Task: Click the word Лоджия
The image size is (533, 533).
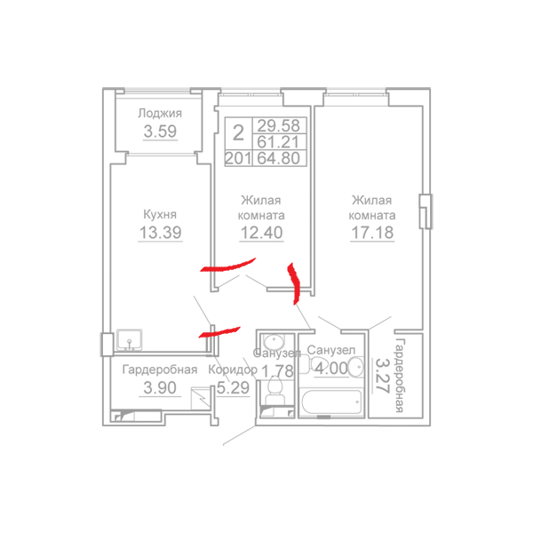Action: click(160, 113)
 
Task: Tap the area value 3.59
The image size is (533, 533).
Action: click(160, 131)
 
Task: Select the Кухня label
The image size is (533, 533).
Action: click(160, 214)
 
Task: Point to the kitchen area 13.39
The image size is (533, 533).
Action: click(161, 233)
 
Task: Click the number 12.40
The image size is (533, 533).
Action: click(261, 233)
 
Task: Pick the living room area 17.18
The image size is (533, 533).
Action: click(372, 233)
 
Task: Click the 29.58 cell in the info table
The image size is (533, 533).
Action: click(278, 125)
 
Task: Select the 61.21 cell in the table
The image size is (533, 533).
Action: click(278, 141)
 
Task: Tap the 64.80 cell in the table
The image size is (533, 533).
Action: click(278, 158)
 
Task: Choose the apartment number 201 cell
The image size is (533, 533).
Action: click(238, 158)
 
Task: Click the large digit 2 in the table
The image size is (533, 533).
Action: click(238, 133)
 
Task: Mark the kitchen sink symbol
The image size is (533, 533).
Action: click(130, 339)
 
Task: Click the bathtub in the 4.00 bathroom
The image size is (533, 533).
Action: click(331, 402)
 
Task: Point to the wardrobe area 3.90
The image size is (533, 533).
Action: click(160, 387)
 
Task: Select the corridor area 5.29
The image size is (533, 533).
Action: click(233, 387)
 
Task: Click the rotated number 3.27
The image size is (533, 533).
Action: click(382, 376)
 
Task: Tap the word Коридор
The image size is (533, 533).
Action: click(233, 370)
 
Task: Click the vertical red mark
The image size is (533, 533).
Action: click(294, 283)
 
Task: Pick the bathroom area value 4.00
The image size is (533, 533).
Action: click(331, 368)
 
